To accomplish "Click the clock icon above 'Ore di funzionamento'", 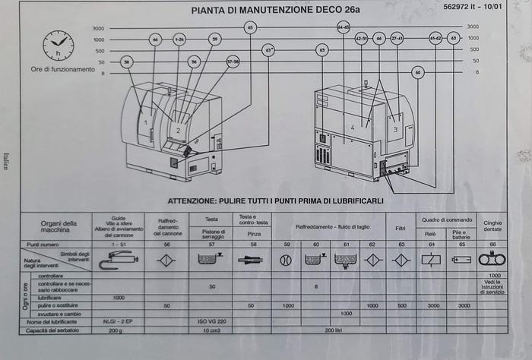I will [x=59, y=46].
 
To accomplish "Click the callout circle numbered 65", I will [x=251, y=27].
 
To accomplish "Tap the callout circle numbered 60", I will [x=417, y=73].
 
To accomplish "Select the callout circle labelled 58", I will [x=127, y=62].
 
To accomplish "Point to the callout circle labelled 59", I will [x=215, y=39].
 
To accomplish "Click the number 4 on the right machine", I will [x=353, y=128].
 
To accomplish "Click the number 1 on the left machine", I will [x=144, y=122].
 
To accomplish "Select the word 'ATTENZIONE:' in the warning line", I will [x=195, y=201].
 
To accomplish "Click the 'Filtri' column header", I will [x=401, y=227].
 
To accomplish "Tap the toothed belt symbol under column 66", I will [x=493, y=260].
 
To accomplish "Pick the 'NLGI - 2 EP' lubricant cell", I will [x=119, y=323].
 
